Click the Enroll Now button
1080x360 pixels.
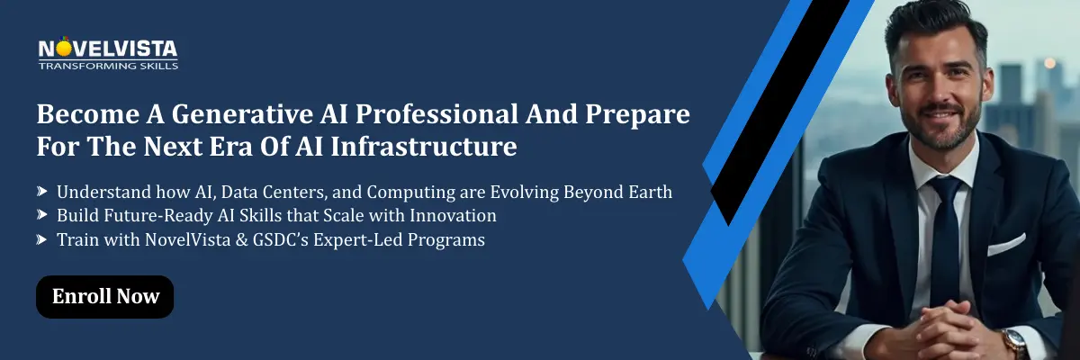pyautogui.click(x=104, y=297)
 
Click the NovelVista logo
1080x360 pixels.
pyautogui.click(x=107, y=48)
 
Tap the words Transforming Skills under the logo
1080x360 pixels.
pyautogui.click(x=108, y=66)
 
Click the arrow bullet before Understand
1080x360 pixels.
pyautogui.click(x=42, y=193)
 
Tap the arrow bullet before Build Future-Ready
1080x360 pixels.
pyautogui.click(x=42, y=216)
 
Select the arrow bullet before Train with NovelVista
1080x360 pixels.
pyautogui.click(x=42, y=239)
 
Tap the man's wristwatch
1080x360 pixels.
pyautogui.click(x=1014, y=341)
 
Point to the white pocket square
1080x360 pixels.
pyautogui.click(x=1006, y=243)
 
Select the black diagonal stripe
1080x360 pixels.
pyautogui.click(x=778, y=108)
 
